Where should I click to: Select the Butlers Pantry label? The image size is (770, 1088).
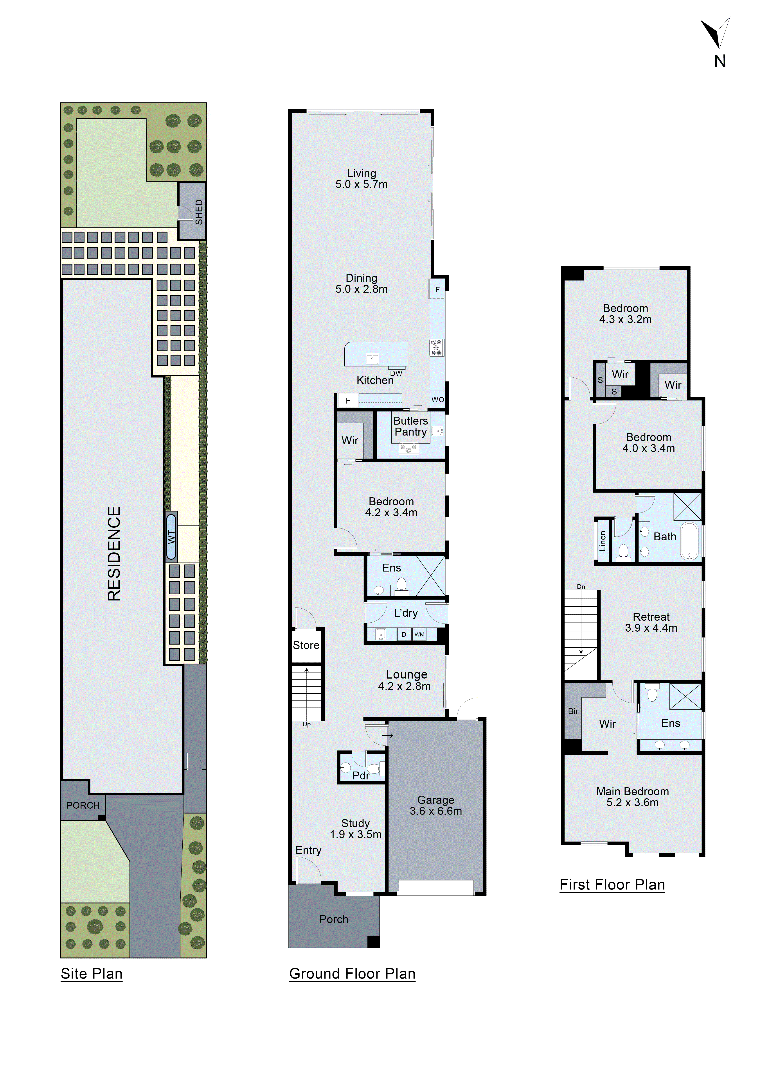411,426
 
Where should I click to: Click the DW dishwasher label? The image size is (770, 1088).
396,373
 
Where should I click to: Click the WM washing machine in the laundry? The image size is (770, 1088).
419,634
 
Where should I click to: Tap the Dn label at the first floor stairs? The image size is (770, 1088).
581,587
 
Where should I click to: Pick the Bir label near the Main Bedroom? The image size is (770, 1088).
573,711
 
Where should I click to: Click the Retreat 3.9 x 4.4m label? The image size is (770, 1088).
651,622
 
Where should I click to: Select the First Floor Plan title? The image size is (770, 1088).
612,885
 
